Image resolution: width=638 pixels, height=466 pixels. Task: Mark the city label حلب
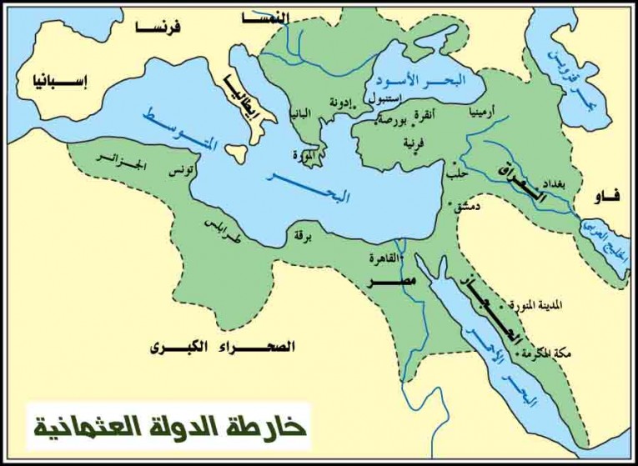click(456, 174)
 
